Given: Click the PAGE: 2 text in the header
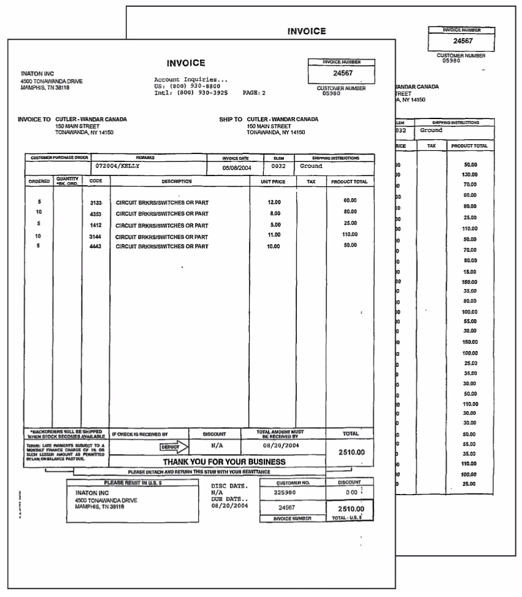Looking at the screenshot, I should tap(254, 93).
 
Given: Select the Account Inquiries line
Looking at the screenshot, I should tap(191, 80).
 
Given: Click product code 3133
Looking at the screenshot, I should tap(96, 202).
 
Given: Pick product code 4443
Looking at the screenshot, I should tap(96, 247).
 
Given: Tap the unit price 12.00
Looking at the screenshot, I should tap(274, 202).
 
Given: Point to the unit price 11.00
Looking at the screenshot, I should tap(274, 235).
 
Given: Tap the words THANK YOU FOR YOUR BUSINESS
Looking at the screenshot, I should tap(224, 461).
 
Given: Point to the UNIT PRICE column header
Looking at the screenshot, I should tap(273, 182).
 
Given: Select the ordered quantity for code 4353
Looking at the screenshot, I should tap(39, 212).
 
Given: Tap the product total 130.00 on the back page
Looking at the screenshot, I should tap(470, 175).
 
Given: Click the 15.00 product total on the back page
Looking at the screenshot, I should tap(470, 271).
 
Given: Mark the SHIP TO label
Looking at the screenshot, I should tap(231, 120).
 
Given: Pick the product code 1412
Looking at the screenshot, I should tap(96, 225).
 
